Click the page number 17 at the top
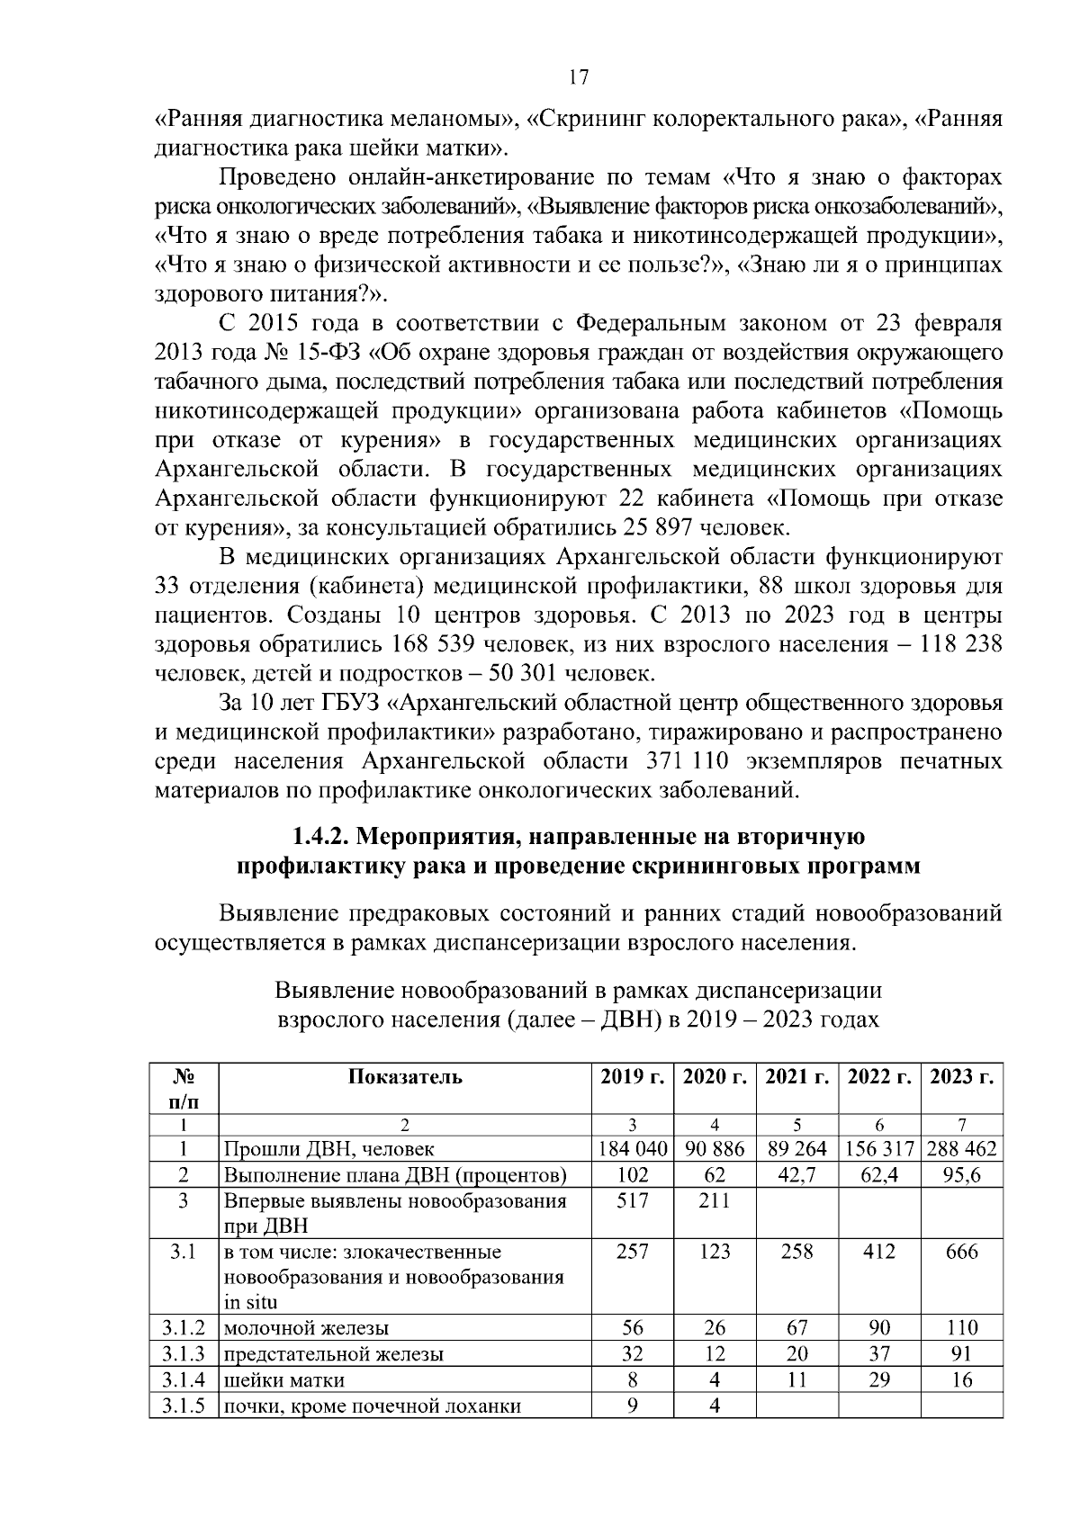[x=579, y=77]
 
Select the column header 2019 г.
[x=632, y=1077]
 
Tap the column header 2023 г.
[x=961, y=1077]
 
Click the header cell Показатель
[x=405, y=1077]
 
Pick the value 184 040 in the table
[x=632, y=1149]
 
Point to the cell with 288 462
[x=961, y=1149]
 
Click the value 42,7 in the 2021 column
[x=796, y=1174]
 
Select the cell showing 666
[x=961, y=1252]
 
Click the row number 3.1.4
[x=184, y=1379]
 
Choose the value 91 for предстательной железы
[x=961, y=1354]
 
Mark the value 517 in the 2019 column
[x=632, y=1200]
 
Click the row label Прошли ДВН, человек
[x=328, y=1149]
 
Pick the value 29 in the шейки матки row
[x=878, y=1379]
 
